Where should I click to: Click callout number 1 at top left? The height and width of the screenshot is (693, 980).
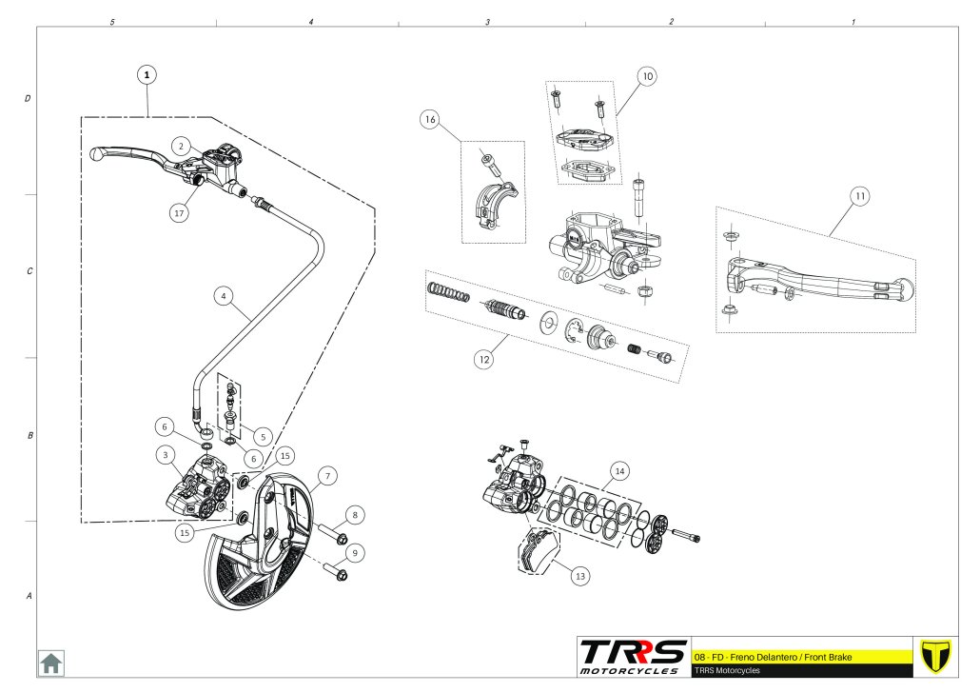pos(147,73)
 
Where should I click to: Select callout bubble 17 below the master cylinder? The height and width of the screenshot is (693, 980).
pos(179,213)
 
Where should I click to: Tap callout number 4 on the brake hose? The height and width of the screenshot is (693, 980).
pos(223,296)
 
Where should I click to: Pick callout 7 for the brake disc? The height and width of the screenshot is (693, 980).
pos(325,474)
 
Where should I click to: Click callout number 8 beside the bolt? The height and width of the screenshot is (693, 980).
pos(355,515)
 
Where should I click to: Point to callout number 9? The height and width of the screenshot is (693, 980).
pos(355,552)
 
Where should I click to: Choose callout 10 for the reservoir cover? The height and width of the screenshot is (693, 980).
pos(647,76)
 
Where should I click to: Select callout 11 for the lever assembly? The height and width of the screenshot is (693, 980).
pos(859,197)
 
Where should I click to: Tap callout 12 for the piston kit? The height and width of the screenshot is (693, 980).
pos(484,359)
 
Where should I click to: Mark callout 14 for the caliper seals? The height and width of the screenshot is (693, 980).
pos(620,471)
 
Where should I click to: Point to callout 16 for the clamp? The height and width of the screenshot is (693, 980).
pos(430,120)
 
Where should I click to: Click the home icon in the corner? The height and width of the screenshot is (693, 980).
pos(50,663)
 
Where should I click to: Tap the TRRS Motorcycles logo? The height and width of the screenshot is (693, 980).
pos(634,656)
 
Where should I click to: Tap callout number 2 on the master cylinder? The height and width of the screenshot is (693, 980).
pos(179,146)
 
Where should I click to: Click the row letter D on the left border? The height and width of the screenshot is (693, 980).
pos(28,98)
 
